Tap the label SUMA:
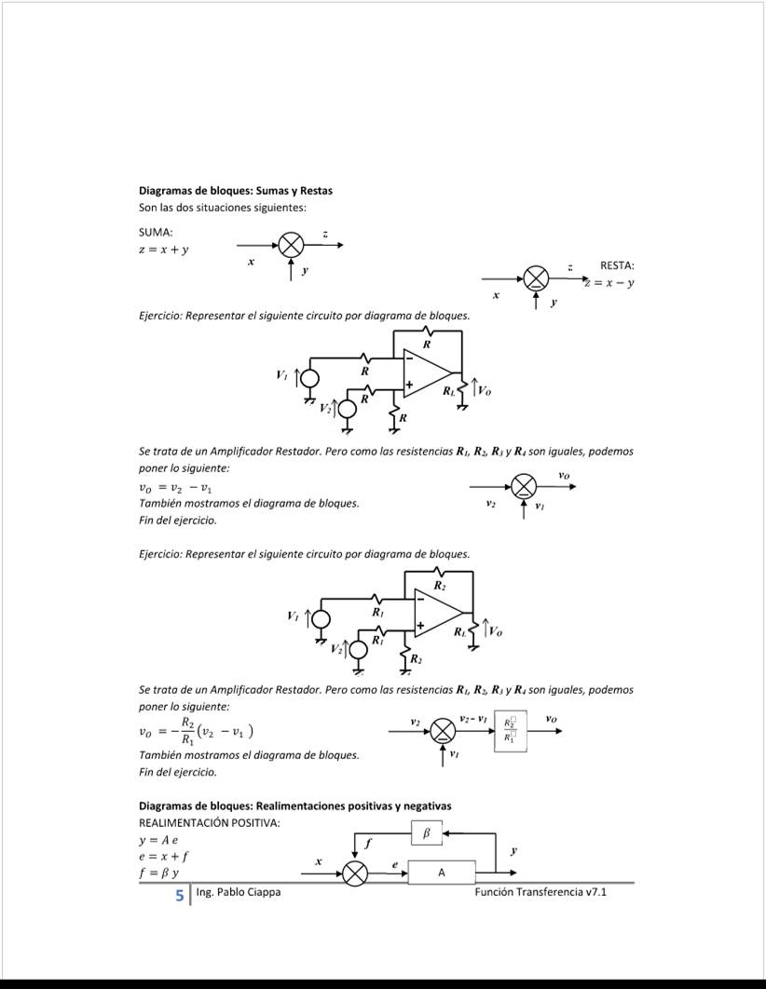tap(156, 232)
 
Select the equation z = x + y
tap(164, 249)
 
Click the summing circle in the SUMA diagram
tap(292, 245)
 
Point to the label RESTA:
tap(617, 266)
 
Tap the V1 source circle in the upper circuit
tap(308, 376)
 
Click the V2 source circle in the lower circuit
tap(359, 647)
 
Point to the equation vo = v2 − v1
tap(175, 487)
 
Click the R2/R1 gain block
tap(511, 730)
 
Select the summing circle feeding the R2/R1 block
tap(443, 731)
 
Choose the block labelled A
tap(442, 873)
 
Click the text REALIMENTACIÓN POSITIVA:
tap(209, 823)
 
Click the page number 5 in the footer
tap(180, 894)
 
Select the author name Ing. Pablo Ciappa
tap(239, 892)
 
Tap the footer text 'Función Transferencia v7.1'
tap(540, 892)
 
